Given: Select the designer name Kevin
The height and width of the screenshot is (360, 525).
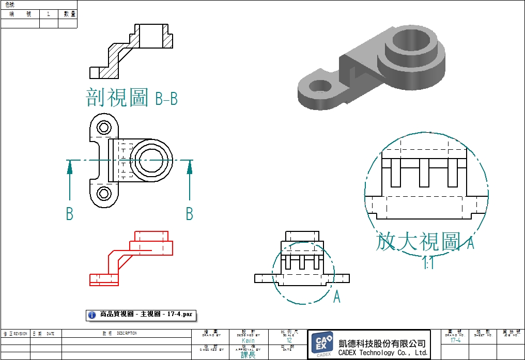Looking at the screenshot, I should [248, 341].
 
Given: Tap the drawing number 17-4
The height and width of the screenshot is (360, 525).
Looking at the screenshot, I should [455, 341].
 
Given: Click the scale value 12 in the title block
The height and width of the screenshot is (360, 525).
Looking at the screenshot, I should [289, 341].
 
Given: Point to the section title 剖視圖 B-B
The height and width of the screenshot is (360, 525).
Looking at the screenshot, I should [132, 97].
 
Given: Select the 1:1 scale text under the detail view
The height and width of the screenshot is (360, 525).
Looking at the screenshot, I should [428, 264].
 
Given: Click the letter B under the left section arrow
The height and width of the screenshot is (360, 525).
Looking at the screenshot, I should [69, 213].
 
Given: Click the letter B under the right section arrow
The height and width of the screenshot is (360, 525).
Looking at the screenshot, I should [189, 213].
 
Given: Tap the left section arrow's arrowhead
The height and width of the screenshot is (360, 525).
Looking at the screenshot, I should [69, 166].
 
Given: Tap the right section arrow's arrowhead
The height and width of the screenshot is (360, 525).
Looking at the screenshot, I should [190, 166].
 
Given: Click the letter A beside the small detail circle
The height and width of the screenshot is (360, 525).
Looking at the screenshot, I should [337, 297].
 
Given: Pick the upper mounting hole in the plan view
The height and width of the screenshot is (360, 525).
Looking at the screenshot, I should [104, 127].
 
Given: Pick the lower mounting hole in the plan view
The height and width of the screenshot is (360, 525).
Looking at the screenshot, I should [104, 194].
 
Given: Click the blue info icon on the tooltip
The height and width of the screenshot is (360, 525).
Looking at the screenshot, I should [92, 314].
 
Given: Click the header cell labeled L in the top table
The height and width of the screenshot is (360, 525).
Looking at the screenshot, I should [49, 14].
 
